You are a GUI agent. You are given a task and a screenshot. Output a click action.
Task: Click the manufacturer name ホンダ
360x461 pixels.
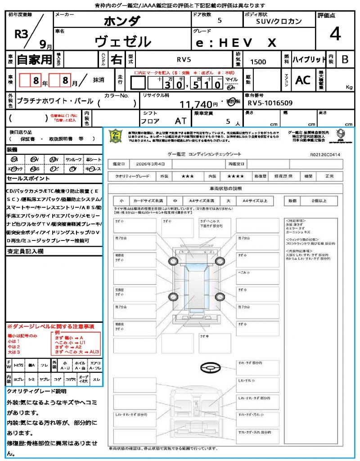tap(122, 21)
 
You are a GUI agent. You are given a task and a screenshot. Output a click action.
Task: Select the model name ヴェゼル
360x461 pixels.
tap(122, 42)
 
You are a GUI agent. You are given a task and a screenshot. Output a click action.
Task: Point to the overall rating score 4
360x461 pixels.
tap(335, 34)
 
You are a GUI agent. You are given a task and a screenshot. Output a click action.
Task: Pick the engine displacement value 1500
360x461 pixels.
tap(258, 62)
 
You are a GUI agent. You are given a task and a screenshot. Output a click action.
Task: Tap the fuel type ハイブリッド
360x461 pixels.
tap(309, 59)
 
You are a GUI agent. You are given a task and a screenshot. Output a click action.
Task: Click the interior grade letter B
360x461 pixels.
tap(345, 59)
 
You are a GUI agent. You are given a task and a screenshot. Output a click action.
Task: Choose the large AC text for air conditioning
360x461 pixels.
tap(303, 80)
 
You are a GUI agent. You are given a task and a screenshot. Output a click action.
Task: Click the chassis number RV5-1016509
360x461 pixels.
tap(270, 103)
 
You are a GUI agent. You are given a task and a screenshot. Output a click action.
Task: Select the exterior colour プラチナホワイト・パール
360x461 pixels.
tap(55, 101)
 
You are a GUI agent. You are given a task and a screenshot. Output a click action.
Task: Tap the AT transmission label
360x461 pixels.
tap(181, 121)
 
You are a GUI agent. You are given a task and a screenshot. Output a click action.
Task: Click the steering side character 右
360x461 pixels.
tap(117, 59)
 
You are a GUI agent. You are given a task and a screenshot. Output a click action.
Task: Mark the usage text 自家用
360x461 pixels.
tap(35, 59)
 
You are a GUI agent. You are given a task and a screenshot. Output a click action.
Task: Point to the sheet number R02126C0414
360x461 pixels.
tap(325, 154)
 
